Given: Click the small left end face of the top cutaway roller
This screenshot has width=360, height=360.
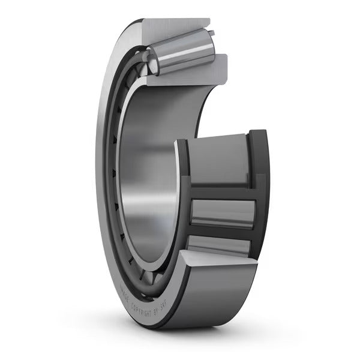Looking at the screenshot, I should point(152,60).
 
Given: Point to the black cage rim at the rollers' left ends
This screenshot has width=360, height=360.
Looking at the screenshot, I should point(183,198).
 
